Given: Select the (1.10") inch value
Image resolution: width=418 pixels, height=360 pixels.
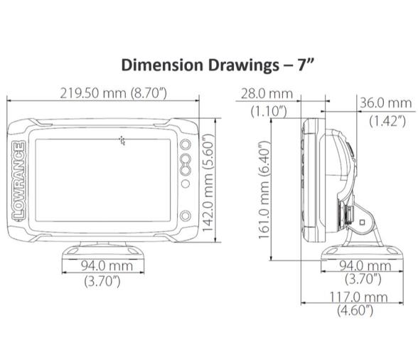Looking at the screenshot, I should pos(268,110).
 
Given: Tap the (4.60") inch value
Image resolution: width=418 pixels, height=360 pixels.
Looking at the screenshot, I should pos(357,310).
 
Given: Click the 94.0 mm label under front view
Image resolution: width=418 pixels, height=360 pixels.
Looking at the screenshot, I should pos(103,266).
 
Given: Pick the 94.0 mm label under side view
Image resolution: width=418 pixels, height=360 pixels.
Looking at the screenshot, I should pos(363,266).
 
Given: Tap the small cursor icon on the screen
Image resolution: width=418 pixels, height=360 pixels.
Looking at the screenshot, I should pos(123,140).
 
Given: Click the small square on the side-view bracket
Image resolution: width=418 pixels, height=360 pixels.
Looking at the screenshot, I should pos(361,222).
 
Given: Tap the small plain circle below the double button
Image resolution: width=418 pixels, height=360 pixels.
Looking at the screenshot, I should pos(185,184).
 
